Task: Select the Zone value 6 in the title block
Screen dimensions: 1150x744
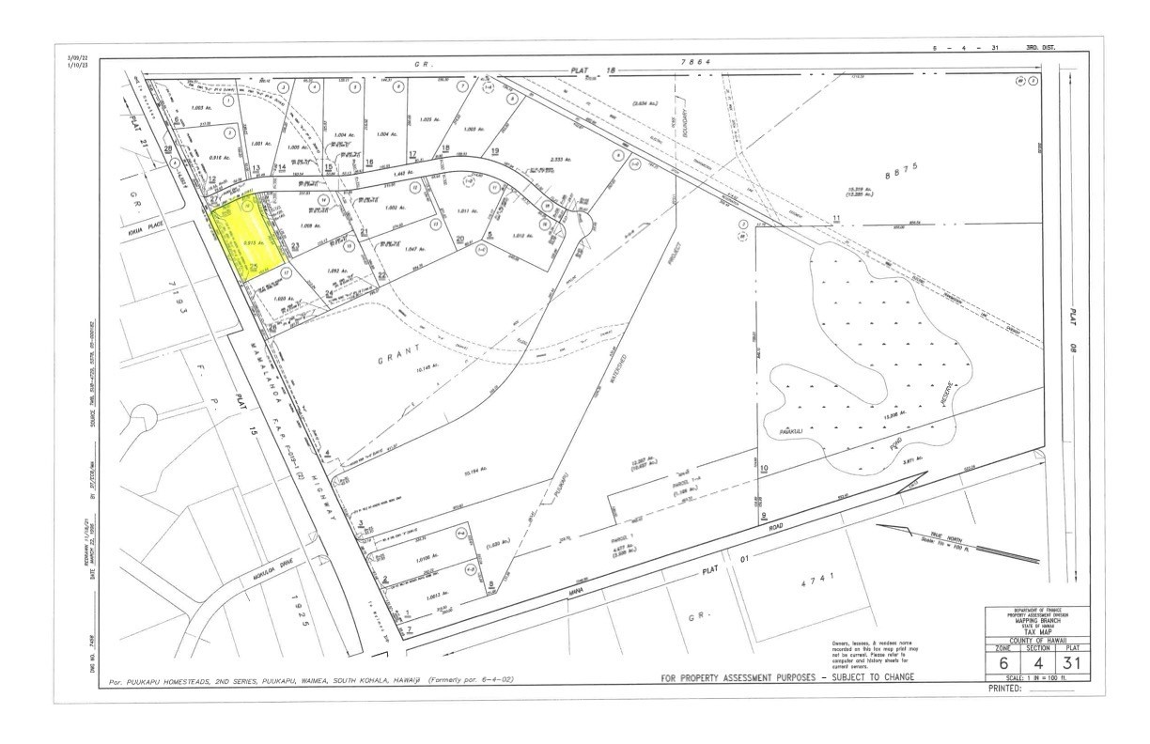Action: coord(1002,661)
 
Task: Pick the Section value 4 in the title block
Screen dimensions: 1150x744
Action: coord(1037,661)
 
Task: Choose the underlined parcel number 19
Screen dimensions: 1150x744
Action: coord(494,151)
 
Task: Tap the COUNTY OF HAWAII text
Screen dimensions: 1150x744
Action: coord(1037,641)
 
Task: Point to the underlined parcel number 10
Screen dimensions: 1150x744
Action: coord(764,468)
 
